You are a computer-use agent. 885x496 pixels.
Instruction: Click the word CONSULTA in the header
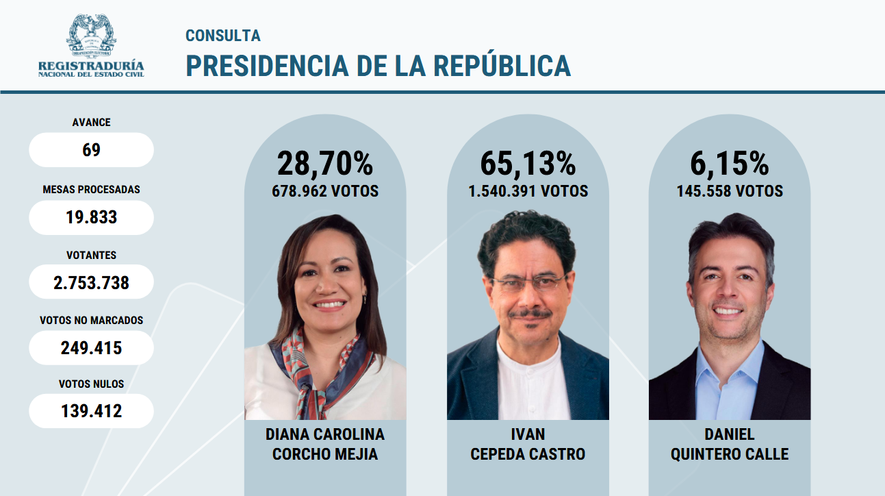tap(223, 36)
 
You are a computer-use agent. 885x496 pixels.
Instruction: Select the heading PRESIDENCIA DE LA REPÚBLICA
tap(378, 66)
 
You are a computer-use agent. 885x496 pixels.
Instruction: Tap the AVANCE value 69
tap(91, 150)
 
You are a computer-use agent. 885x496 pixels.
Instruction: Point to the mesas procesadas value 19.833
tap(91, 217)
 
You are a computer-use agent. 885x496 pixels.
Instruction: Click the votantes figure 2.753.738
tap(91, 282)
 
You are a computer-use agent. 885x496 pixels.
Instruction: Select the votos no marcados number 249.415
tap(91, 348)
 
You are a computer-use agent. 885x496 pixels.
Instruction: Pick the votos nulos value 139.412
tap(91, 411)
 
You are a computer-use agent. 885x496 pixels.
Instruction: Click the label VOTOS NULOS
tap(91, 384)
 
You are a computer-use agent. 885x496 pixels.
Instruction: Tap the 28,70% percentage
tap(325, 164)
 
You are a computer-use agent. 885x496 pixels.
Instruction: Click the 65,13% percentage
tap(528, 164)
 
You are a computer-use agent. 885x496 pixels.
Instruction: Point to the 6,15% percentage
tap(730, 164)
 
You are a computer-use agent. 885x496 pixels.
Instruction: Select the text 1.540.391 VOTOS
tap(528, 191)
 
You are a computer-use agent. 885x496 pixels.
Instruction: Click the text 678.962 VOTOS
tap(325, 191)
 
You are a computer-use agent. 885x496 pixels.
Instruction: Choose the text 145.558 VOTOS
tap(730, 191)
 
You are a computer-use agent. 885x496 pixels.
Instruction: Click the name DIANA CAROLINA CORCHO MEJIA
tap(325, 444)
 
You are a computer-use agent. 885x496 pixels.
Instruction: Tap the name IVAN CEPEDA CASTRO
tap(528, 444)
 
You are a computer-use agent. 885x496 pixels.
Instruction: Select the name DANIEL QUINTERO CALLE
tap(730, 444)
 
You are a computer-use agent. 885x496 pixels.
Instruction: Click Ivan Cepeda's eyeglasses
tap(528, 283)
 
